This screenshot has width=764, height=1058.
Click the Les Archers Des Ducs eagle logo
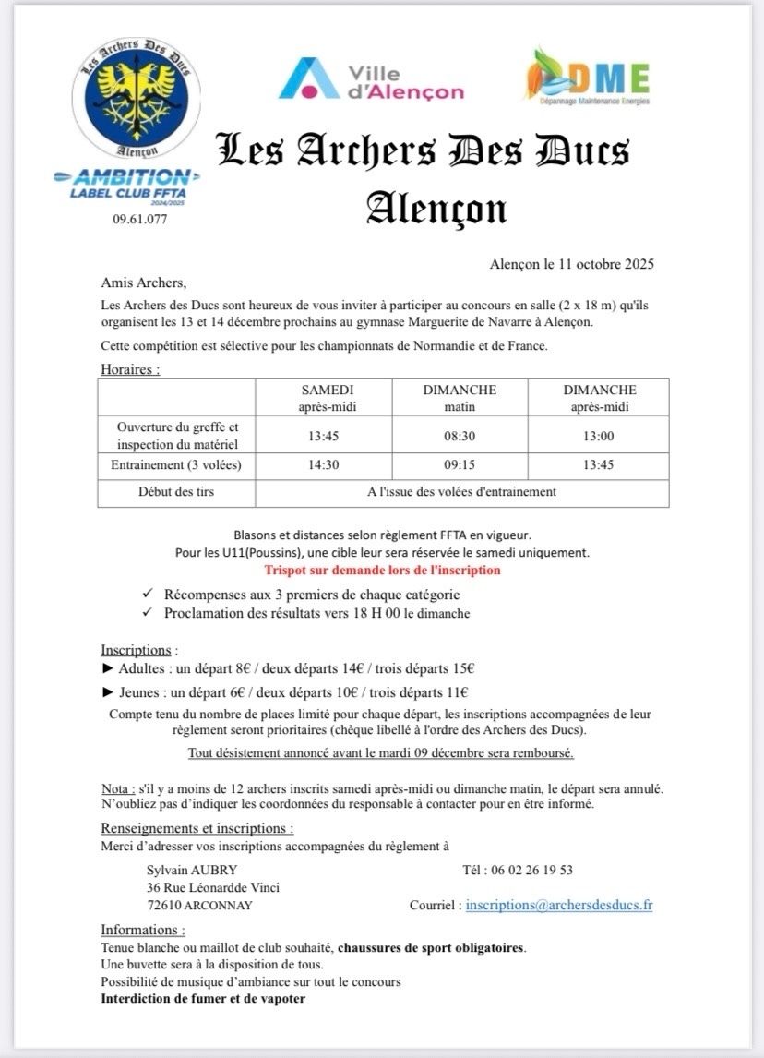[136, 98]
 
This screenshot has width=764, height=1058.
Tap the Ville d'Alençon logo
[371, 78]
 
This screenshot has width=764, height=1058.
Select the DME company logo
[588, 76]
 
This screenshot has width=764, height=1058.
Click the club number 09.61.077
[140, 220]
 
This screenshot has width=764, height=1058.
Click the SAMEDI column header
[327, 391]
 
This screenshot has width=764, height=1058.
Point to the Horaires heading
[130, 369]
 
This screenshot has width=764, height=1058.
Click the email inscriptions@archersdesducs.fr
[559, 906]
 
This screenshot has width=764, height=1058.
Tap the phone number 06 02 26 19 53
[530, 870]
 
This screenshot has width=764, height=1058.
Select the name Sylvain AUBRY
[192, 870]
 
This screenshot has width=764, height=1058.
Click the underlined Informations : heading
[143, 930]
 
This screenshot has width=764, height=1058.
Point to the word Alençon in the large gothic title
[436, 208]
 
